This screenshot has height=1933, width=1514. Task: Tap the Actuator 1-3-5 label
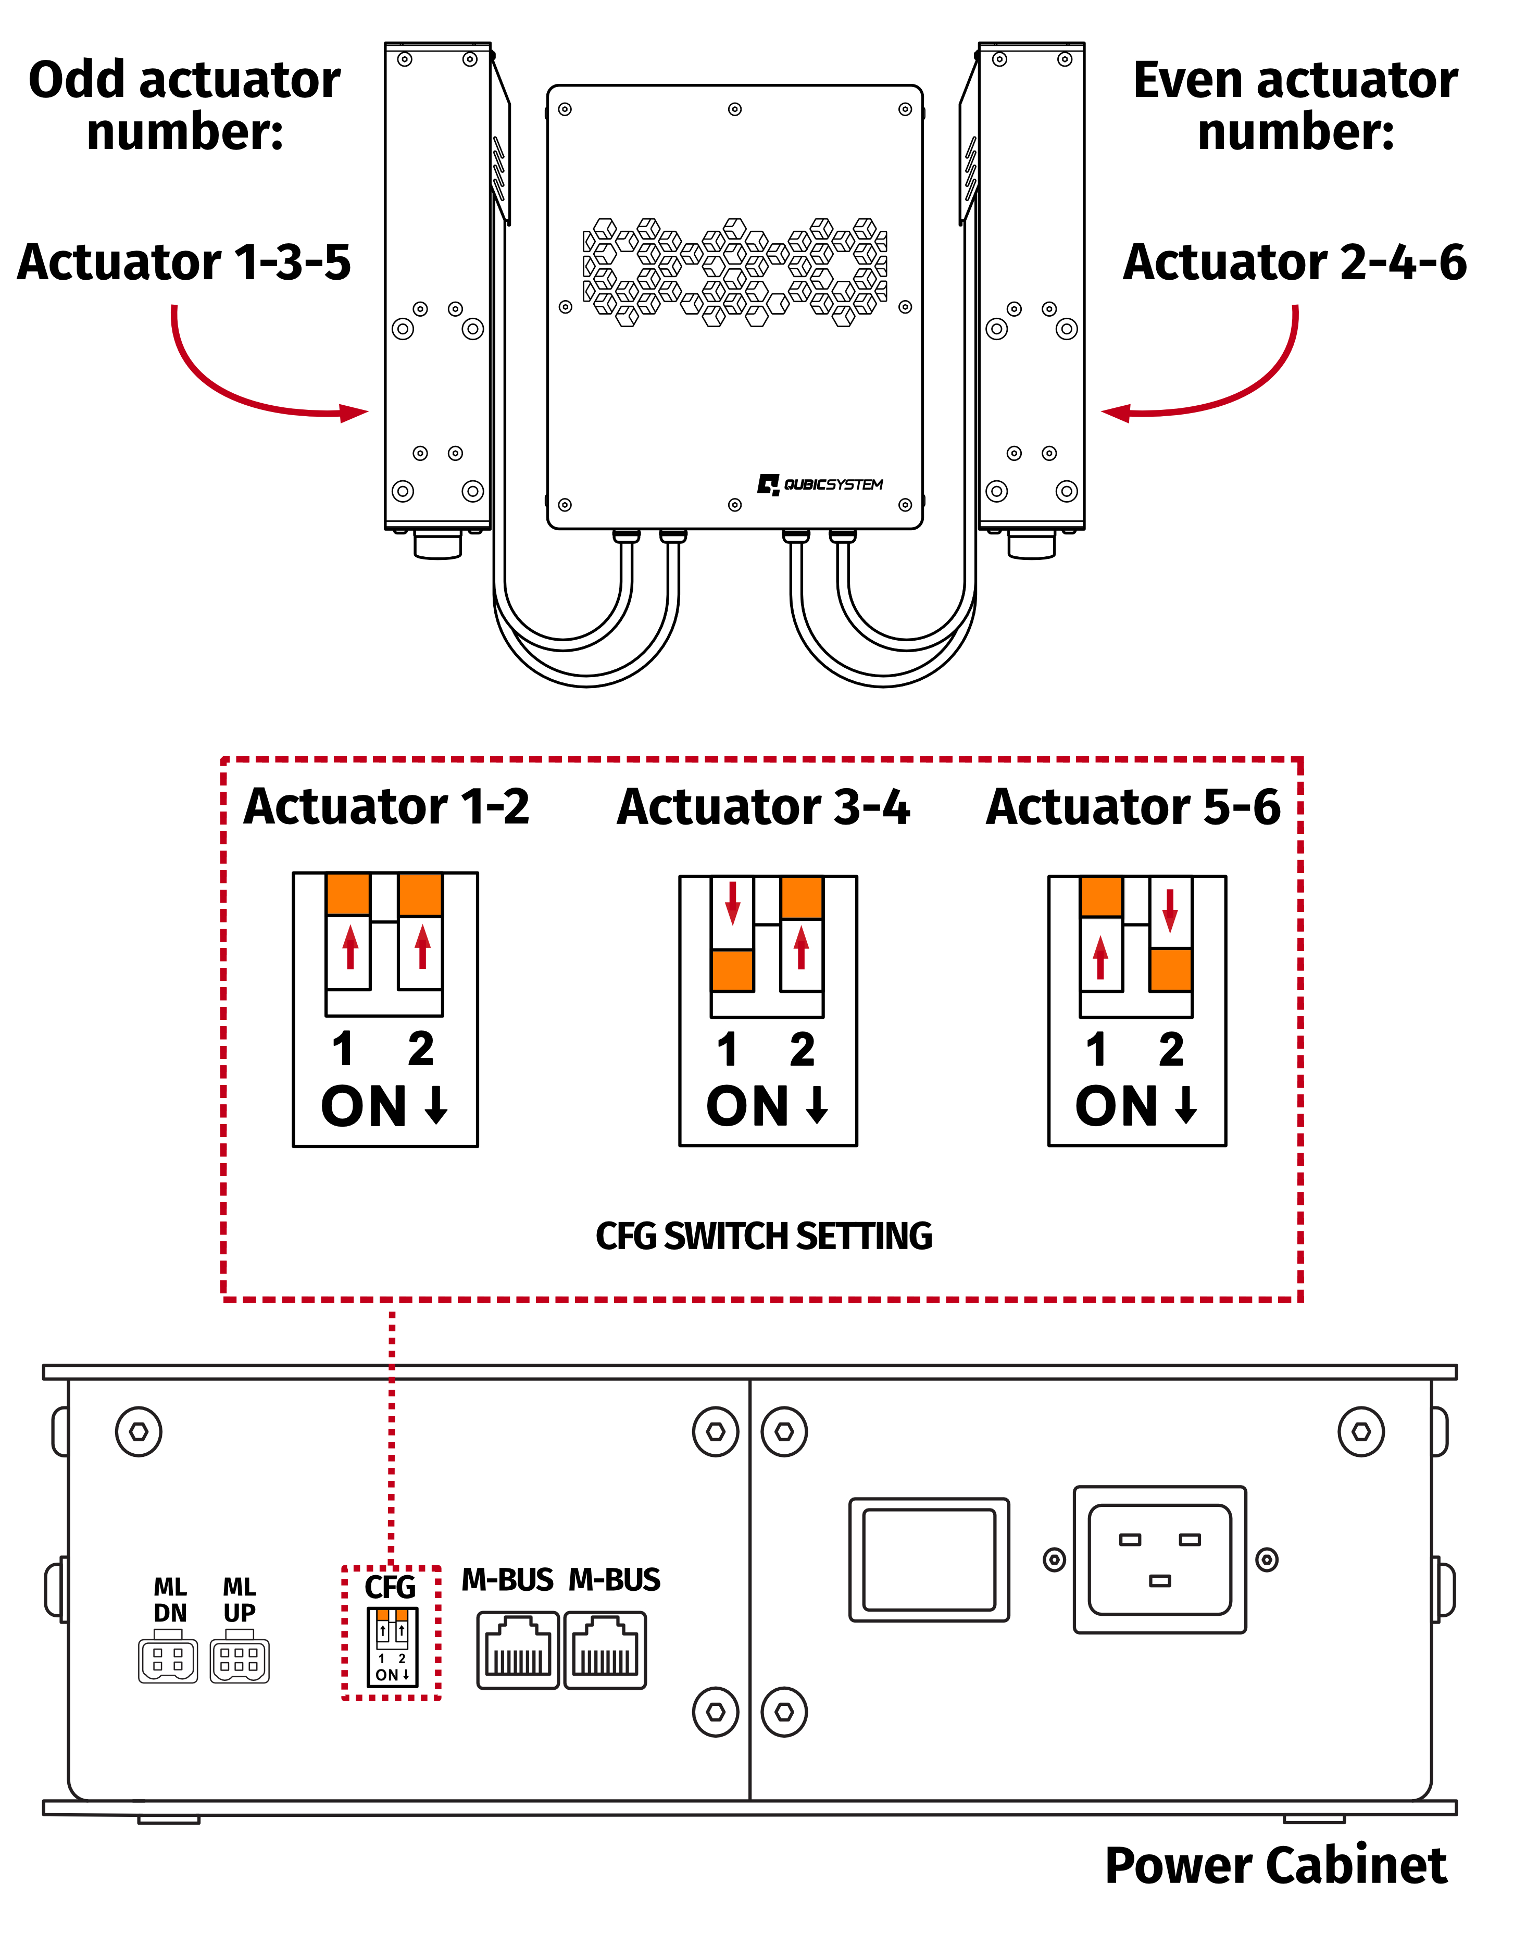pos(184,263)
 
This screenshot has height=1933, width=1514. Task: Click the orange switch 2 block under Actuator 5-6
pos(1170,969)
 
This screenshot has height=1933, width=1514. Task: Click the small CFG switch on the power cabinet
pos(392,1647)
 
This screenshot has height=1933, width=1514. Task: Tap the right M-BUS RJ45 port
pos(605,1650)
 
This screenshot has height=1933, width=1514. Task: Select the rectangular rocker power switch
pos(929,1560)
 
